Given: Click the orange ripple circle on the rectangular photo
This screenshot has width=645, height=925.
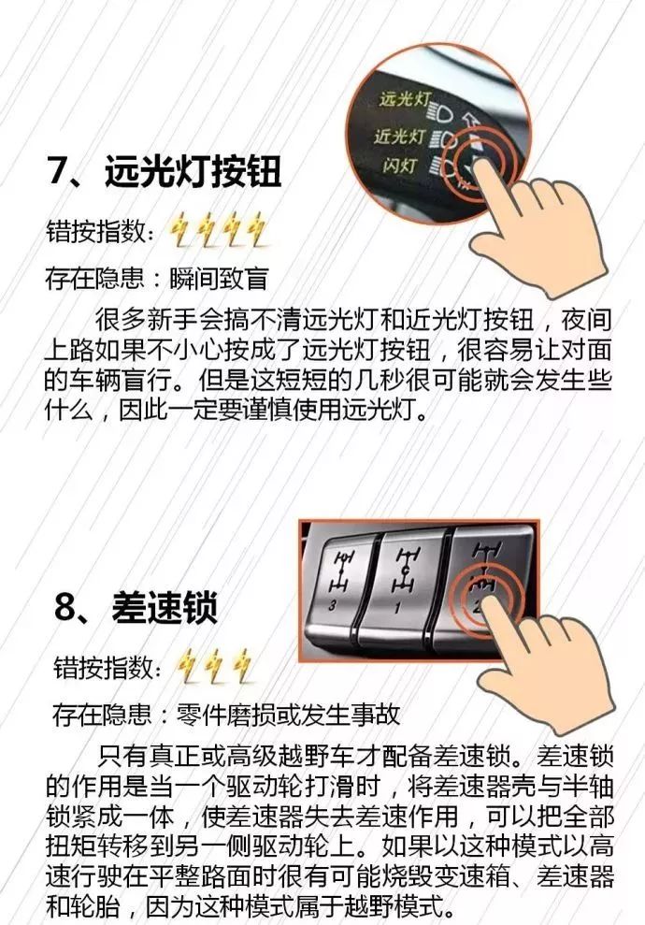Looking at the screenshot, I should tap(480, 591).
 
